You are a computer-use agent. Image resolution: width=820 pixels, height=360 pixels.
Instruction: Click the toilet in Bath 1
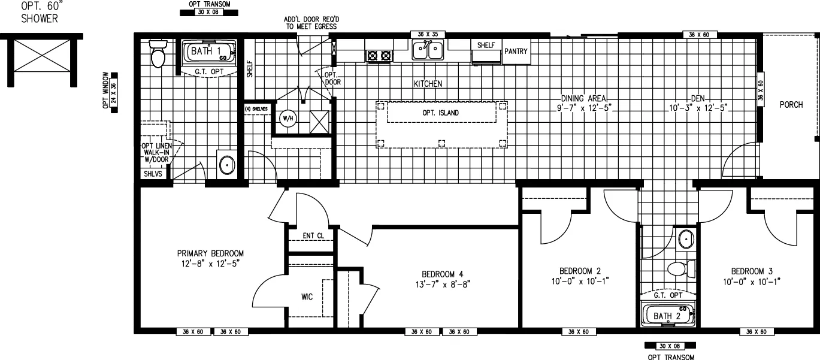(x=158, y=55)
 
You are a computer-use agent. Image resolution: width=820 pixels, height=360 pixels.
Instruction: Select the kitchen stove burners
(x=379, y=56)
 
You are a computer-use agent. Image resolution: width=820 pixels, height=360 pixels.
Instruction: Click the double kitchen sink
(x=428, y=51)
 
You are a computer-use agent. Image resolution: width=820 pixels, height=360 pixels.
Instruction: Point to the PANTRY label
(x=516, y=52)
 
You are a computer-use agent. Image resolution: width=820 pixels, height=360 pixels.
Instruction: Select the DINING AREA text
(x=584, y=98)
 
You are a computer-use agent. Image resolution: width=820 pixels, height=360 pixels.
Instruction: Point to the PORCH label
(x=791, y=105)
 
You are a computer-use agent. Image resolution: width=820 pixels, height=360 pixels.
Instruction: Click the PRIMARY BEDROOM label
(x=210, y=253)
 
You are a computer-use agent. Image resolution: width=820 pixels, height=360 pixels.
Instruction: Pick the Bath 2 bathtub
(x=667, y=315)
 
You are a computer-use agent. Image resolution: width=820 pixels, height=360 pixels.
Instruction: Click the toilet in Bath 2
(x=680, y=267)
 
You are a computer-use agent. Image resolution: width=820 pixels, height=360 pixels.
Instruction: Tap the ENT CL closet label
(x=313, y=235)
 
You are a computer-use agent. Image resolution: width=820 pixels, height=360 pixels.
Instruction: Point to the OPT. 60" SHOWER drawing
(x=41, y=60)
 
